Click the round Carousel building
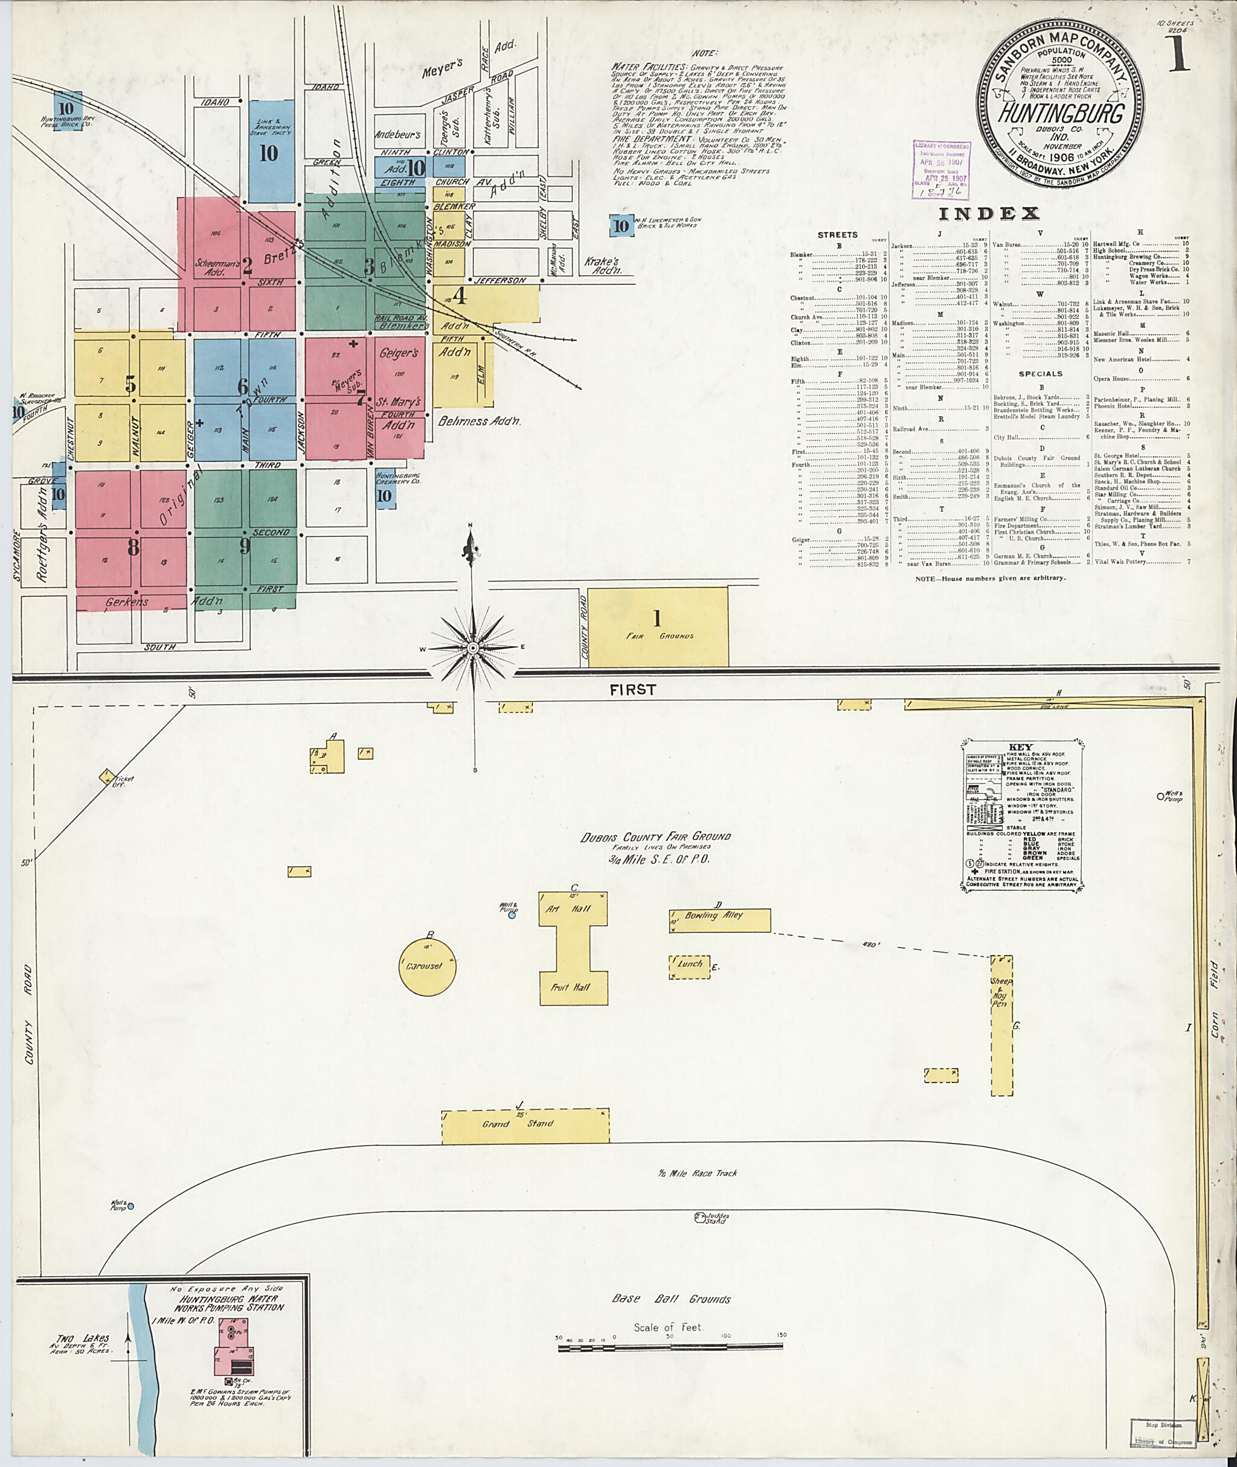pos(428,966)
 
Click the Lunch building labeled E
pos(689,966)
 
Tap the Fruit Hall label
pos(573,987)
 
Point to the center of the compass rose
pos(473,648)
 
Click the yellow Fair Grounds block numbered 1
pos(657,626)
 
